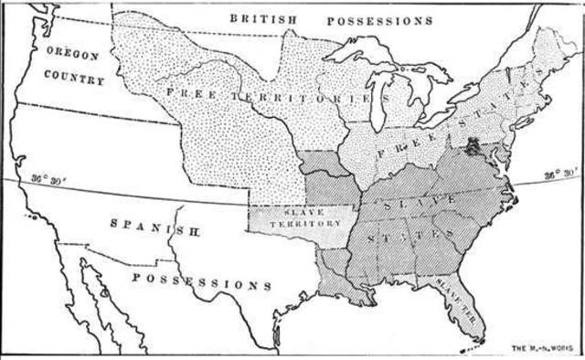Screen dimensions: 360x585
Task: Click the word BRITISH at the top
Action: pos(263,18)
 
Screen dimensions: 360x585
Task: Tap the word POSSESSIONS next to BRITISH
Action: pos(379,19)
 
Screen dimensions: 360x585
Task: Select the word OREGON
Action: pos(73,54)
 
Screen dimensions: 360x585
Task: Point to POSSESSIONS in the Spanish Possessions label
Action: pos(201,280)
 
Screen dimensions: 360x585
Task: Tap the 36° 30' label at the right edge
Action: pos(559,175)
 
